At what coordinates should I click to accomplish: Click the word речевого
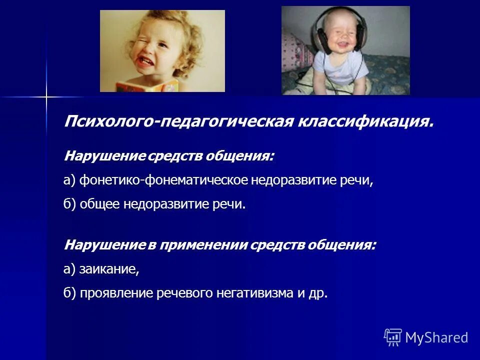click(182, 293)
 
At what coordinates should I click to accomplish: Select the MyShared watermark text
click(436, 337)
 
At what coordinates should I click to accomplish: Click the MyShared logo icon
click(393, 337)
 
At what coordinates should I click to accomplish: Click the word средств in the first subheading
click(178, 157)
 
